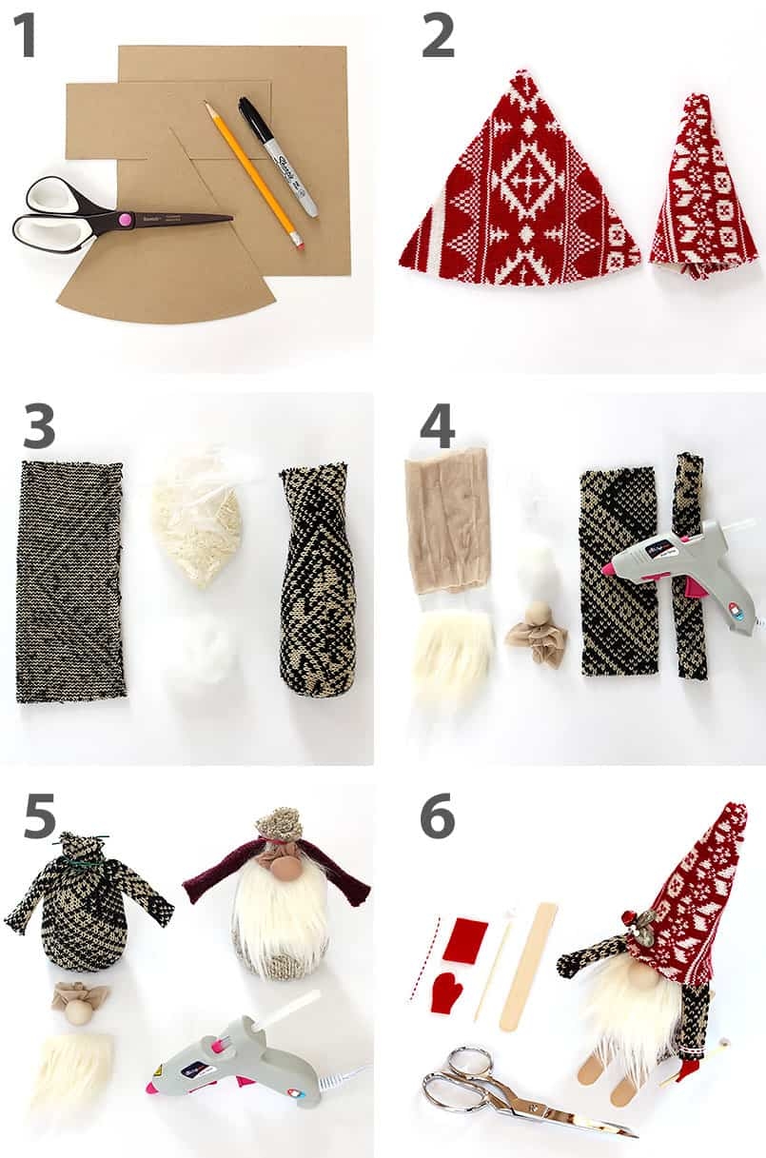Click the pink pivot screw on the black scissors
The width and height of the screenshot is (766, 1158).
123,221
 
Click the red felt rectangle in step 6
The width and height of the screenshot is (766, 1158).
465,939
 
